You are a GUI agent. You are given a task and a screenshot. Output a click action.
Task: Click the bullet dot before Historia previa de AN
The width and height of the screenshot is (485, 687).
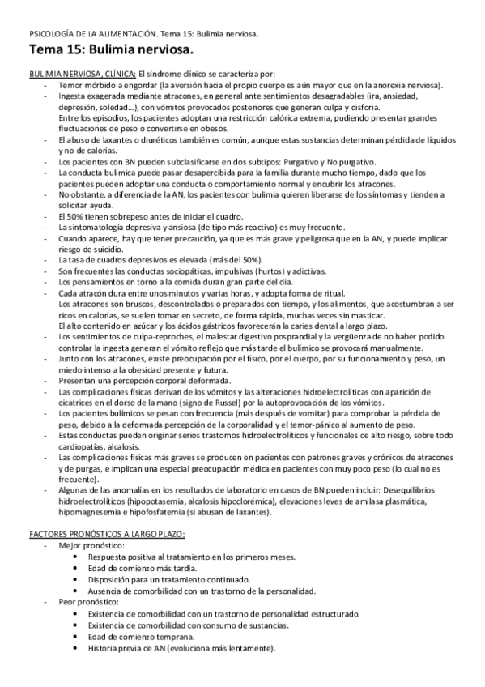[75, 647]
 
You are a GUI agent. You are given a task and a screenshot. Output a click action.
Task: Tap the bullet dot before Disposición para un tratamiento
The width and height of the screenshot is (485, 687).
[75, 581]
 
